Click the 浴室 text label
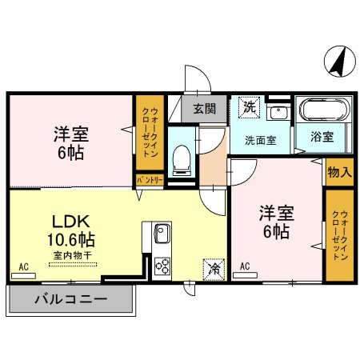pyautogui.click(x=323, y=137)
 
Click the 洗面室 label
pyautogui.click(x=260, y=139)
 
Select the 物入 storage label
pyautogui.click(x=339, y=172)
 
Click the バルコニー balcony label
pyautogui.click(x=71, y=301)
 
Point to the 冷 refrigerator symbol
pyautogui.click(x=214, y=268)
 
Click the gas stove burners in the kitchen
pyautogui.click(x=162, y=265)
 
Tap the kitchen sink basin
pyautogui.click(x=161, y=235)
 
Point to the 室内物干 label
pyautogui.click(x=73, y=255)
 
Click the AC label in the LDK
pyautogui.click(x=24, y=266)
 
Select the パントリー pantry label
pyautogui.click(x=149, y=181)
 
